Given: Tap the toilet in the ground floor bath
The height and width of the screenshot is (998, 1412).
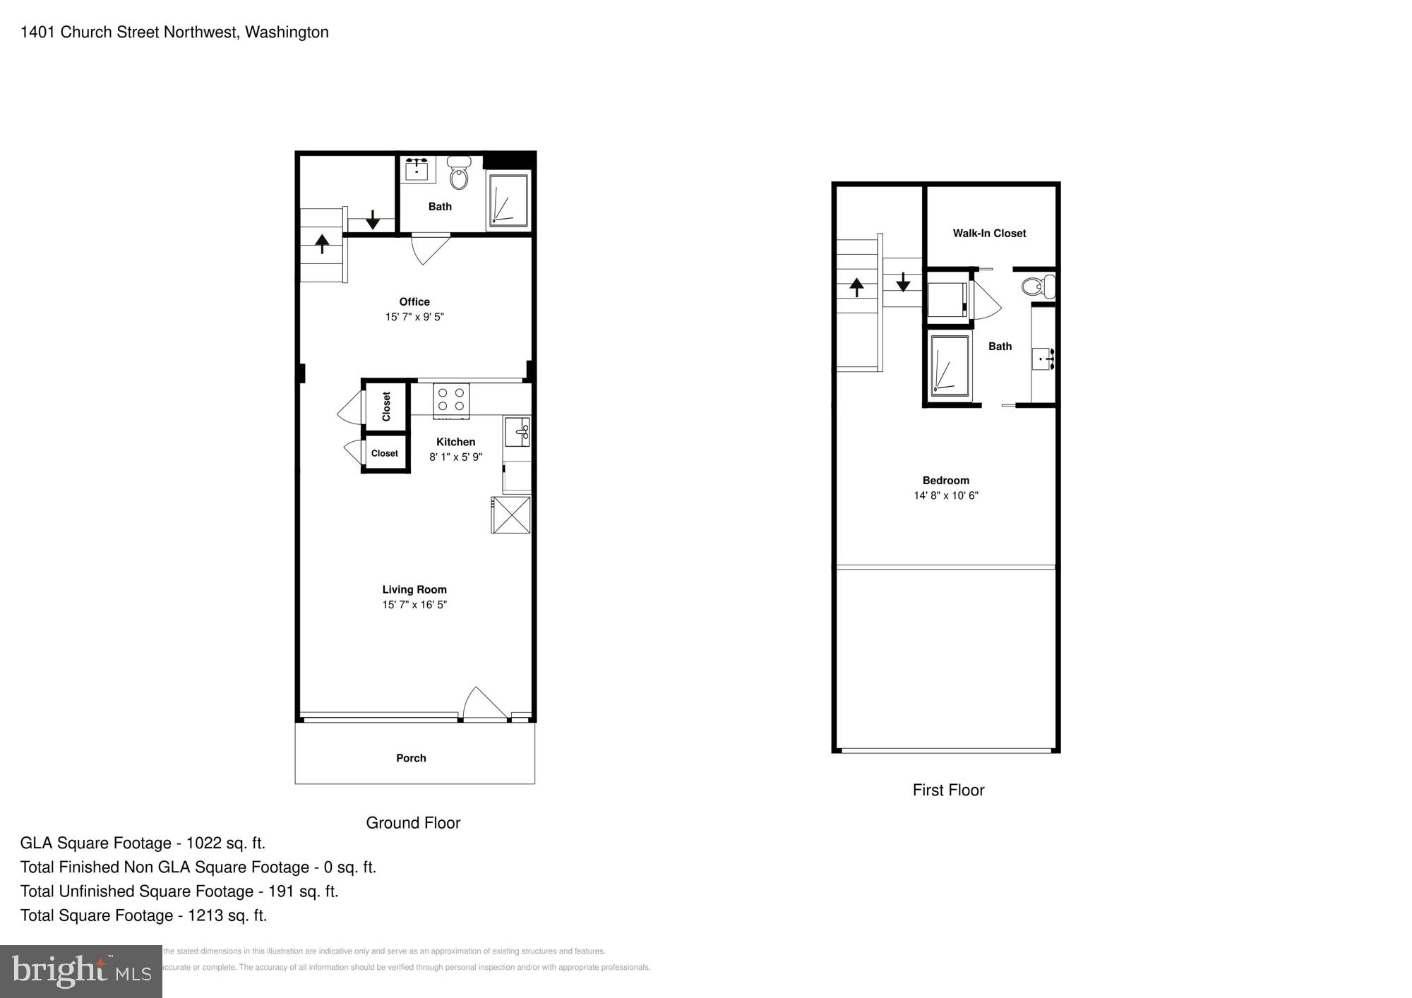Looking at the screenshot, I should coord(459,174).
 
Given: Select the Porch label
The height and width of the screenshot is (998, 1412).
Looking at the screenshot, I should coord(411,758).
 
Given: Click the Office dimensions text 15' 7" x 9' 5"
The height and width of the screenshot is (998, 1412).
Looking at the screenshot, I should coord(414,317).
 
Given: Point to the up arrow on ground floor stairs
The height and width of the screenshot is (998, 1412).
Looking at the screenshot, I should coord(322,244).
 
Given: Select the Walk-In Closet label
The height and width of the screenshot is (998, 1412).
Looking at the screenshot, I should coord(989,234).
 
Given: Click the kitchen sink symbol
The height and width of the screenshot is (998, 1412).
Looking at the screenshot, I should coord(517,431).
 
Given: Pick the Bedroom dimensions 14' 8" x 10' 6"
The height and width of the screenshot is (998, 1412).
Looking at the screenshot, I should coord(946,495).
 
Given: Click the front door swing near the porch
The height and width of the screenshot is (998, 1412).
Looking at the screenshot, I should coord(484,704).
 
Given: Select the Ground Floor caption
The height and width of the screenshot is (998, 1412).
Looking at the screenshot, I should coord(413,823).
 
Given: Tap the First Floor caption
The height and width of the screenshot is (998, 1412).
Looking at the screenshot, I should coord(948,790).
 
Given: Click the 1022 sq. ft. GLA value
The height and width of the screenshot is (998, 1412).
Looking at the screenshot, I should coord(226,843).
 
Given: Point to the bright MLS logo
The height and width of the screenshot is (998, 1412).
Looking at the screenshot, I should coord(81,971).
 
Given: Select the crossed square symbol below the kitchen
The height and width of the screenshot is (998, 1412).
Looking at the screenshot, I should coord(511,515).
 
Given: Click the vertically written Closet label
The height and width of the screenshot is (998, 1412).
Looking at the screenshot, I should coord(386,407).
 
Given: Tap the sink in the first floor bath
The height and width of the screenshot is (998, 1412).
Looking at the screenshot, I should coord(1043,359).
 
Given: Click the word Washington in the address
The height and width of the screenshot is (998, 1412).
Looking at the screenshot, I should coord(287,32).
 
